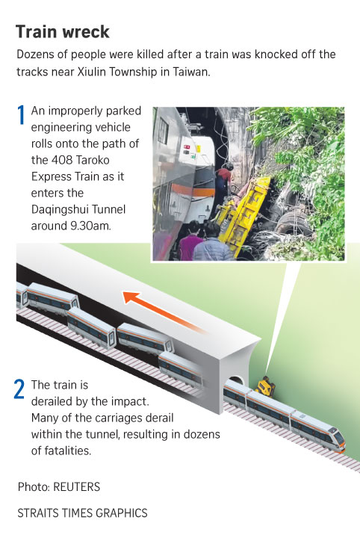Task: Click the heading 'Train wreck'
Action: [63, 32]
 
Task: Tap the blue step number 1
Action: [21, 114]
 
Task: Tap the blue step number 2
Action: [19, 389]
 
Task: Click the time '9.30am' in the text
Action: [90, 226]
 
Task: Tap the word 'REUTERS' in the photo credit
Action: [77, 487]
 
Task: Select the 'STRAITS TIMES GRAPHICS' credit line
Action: [82, 513]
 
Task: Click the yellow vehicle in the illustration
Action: [265, 386]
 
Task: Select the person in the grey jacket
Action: [212, 243]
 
